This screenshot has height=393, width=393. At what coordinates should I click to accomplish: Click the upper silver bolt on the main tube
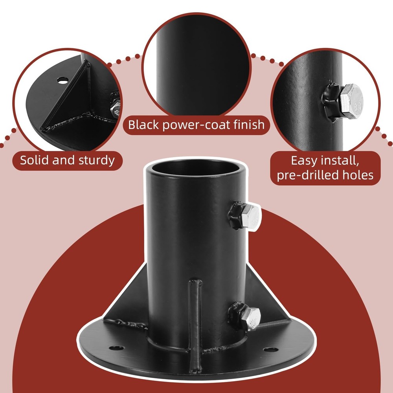click(x=252, y=217)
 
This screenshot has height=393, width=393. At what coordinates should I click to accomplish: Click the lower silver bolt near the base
click(x=252, y=319)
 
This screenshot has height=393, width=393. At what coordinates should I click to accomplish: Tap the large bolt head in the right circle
click(x=351, y=101)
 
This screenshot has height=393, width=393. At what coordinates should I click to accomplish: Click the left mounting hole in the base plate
click(x=117, y=348)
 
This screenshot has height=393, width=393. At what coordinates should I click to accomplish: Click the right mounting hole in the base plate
click(x=271, y=349)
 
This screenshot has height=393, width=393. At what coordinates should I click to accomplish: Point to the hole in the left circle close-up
click(x=62, y=81)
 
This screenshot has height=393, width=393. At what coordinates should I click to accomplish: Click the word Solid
click(x=35, y=160)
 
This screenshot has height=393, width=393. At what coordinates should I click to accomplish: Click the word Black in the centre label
click(x=143, y=125)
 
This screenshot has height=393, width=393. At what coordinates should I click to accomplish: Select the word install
click(x=340, y=161)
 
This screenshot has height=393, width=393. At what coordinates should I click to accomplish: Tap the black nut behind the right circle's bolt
click(x=331, y=101)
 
